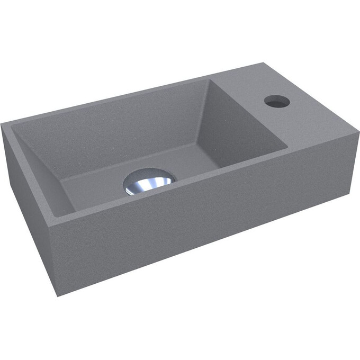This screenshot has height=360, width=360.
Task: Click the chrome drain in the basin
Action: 149,182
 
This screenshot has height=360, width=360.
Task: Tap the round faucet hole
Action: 277,101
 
